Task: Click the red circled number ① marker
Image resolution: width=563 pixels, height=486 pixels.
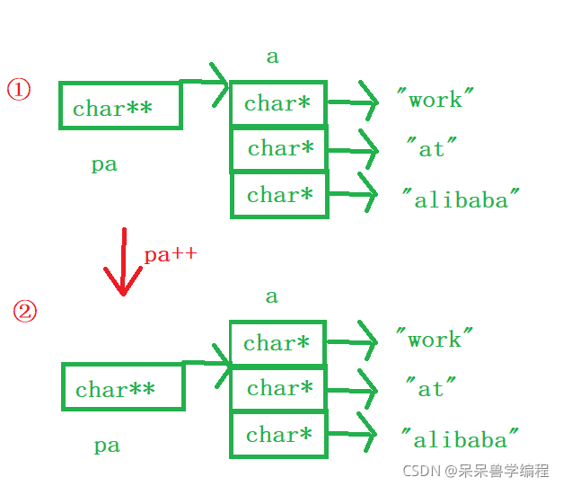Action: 20,90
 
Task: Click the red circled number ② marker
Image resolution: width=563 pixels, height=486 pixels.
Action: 25,312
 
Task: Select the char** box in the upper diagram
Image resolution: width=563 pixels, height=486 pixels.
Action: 120,107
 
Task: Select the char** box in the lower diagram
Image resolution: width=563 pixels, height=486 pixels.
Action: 122,387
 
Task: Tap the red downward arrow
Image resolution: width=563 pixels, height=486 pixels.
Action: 123,262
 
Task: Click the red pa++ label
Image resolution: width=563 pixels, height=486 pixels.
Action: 170,254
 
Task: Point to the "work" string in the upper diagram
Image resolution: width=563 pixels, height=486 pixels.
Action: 435,100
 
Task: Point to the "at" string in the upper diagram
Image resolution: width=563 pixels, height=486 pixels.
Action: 431,148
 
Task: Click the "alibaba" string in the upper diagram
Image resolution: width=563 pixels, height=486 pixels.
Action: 461,199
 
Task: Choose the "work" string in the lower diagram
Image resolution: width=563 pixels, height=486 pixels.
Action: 435,340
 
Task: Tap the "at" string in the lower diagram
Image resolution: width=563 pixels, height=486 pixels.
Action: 431,388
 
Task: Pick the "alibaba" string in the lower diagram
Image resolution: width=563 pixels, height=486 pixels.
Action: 460,439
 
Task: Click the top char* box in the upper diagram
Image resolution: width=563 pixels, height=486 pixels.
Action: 277,103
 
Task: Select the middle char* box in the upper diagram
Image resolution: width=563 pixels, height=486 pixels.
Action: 279,148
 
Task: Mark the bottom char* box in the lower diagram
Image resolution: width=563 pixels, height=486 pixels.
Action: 279,435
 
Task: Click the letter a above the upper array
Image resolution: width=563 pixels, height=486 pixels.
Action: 272,57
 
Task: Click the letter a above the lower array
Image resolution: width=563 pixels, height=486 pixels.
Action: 271,296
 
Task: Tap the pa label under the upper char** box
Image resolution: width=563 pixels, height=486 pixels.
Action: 104,165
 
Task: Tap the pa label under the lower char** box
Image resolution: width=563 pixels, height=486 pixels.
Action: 106,446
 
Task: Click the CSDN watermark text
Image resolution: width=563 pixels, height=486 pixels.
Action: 476,471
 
